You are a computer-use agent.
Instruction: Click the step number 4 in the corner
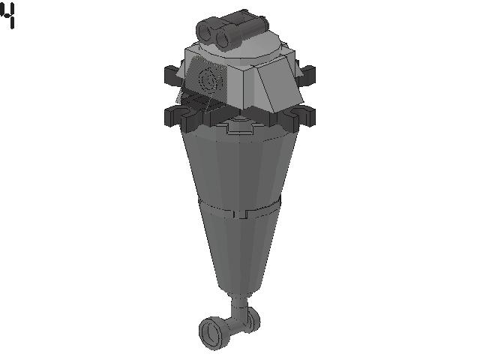click(x=7, y=15)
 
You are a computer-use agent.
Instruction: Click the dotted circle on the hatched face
click(x=209, y=79)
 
